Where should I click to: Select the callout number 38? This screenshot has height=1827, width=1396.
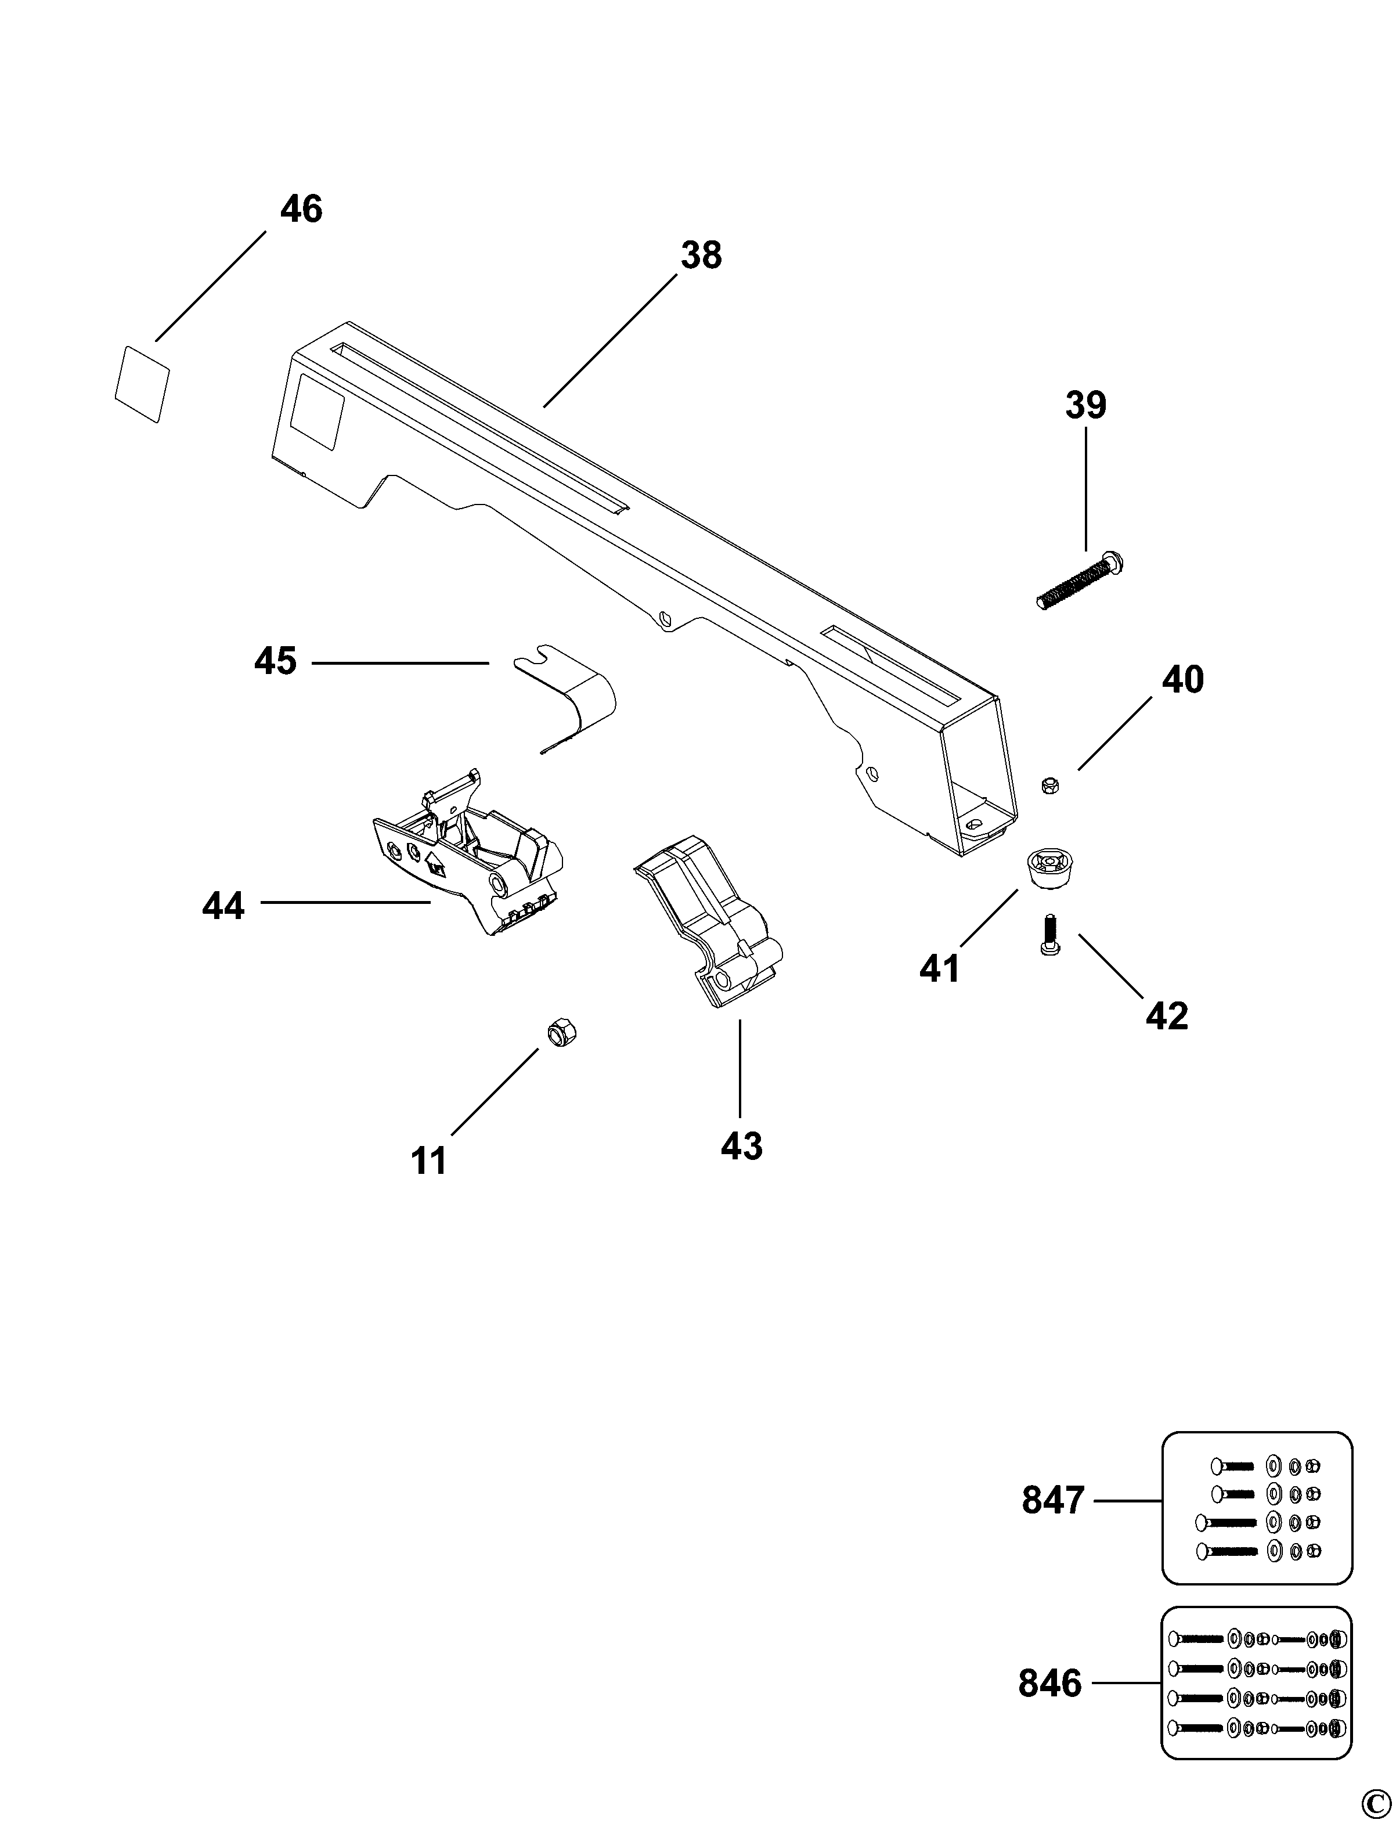point(701,256)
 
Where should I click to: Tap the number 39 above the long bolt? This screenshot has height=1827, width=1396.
point(1086,406)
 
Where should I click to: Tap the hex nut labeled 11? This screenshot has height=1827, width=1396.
point(562,1034)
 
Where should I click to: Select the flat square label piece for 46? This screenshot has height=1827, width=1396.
point(142,384)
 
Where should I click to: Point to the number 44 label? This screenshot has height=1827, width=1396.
point(223,905)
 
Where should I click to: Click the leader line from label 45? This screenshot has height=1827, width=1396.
point(399,662)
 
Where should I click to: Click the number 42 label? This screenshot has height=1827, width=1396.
point(1167,1016)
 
